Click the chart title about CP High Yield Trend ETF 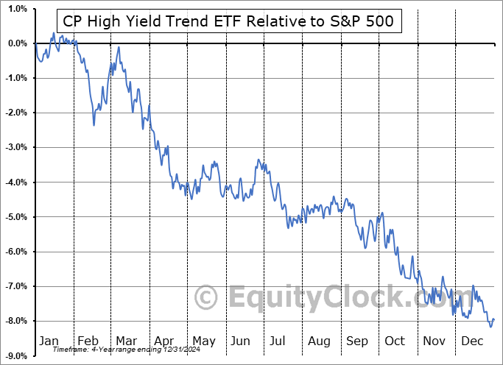pyautogui.click(x=229, y=22)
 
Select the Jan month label pyautogui.click(x=49, y=341)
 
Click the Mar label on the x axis pyautogui.click(x=126, y=341)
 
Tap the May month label pyautogui.click(x=203, y=341)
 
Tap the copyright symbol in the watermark pyautogui.click(x=205, y=298)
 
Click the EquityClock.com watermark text pyautogui.click(x=324, y=298)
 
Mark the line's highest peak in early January pyautogui.click(x=53, y=33)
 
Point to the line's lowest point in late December pyautogui.click(x=490, y=325)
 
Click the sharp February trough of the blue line pyautogui.click(x=94, y=125)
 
